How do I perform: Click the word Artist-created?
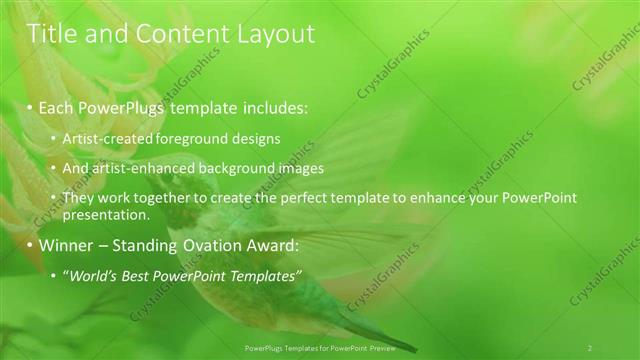(104, 139)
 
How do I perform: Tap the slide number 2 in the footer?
(590, 348)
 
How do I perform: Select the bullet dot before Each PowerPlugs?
(31, 107)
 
